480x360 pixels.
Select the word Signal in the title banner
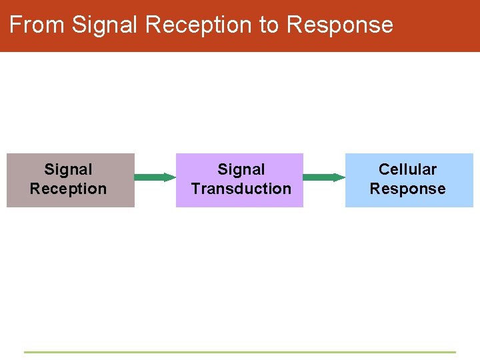coord(105,25)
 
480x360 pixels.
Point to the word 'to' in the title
coord(269,25)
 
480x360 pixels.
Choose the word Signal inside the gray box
coord(68,170)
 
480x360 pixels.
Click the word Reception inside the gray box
coord(68,189)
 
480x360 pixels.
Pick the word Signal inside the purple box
coord(241,170)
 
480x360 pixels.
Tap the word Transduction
coord(241,189)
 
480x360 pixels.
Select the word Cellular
coord(407,170)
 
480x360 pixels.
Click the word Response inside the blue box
coord(407,189)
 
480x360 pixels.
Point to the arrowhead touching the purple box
coord(170,177)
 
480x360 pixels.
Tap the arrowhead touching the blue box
coord(339,177)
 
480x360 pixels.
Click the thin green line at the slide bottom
coord(240,352)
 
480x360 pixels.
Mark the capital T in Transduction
coord(195,189)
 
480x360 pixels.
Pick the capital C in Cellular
coord(383,170)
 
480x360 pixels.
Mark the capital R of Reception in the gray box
coord(35,189)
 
